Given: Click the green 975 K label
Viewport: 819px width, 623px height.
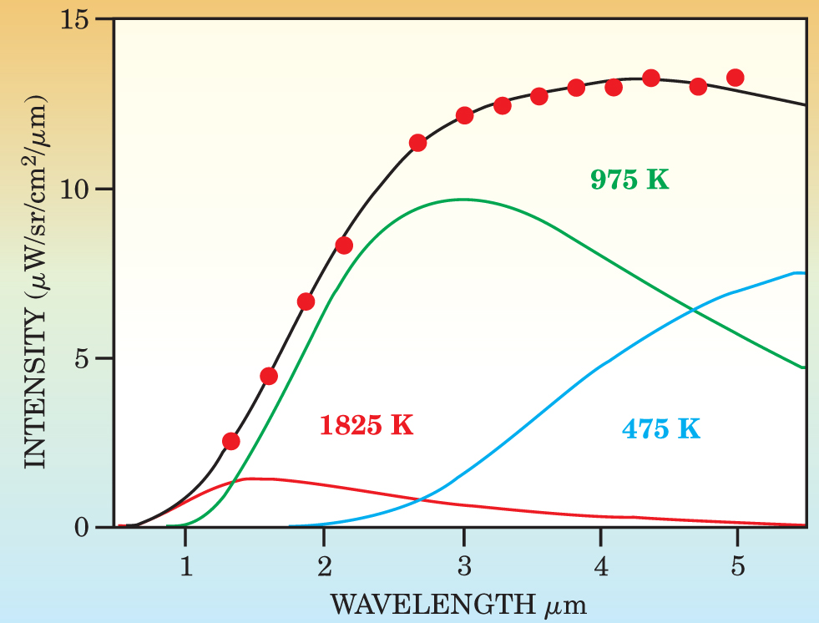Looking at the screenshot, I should tap(629, 180).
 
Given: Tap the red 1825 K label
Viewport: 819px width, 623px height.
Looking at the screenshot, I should tap(367, 425).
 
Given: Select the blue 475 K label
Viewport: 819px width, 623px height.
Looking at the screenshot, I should tap(660, 429).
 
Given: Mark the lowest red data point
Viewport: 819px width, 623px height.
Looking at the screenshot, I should tap(231, 441).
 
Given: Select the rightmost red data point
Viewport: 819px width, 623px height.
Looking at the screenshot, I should tap(736, 78).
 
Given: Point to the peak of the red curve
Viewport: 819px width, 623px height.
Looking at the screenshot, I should tap(250, 479).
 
